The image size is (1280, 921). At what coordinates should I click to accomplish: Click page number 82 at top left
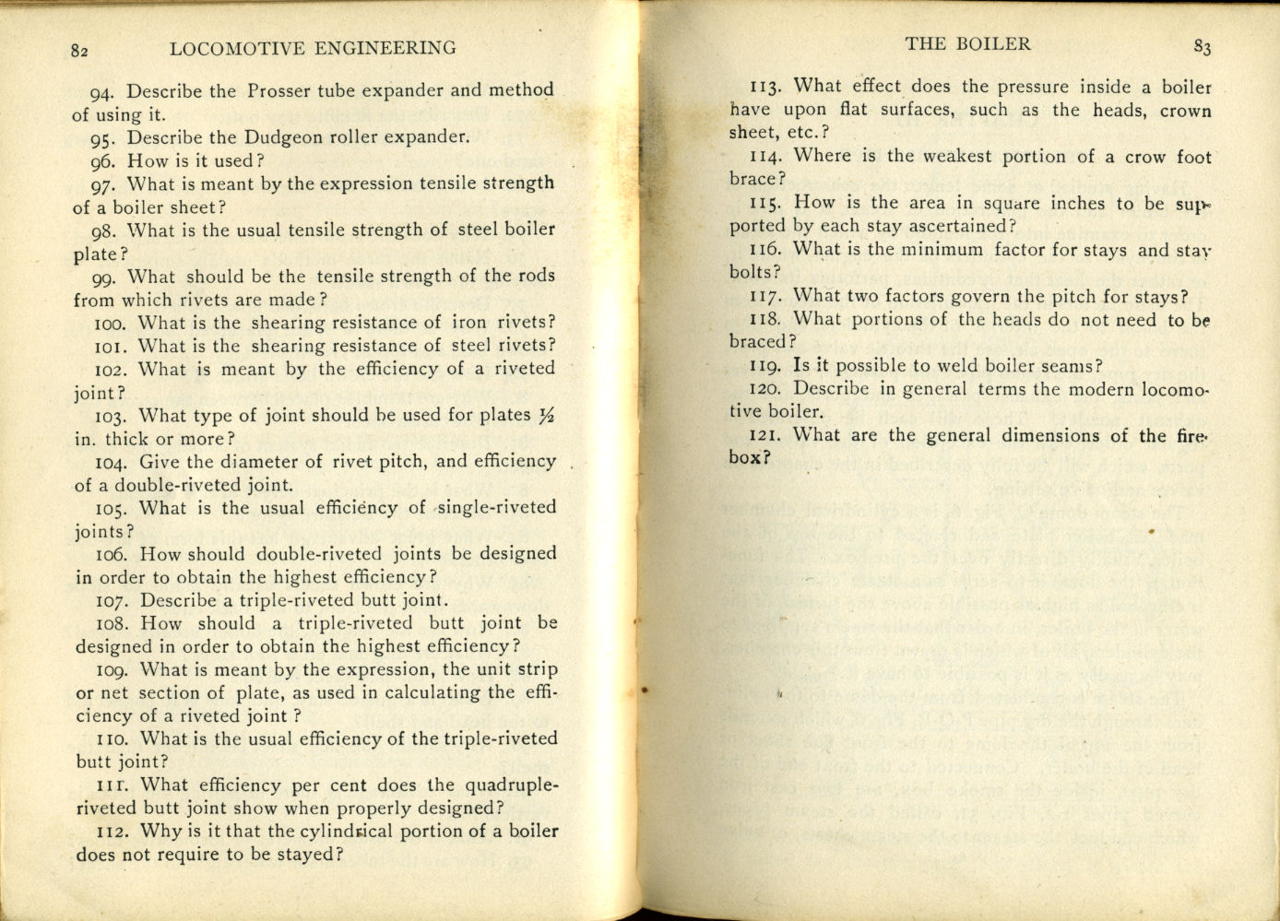(x=79, y=52)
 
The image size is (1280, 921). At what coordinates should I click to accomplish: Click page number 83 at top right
(x=1202, y=47)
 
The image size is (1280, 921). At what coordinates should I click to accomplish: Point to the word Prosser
(x=279, y=91)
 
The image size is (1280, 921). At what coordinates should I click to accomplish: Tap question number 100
(x=113, y=324)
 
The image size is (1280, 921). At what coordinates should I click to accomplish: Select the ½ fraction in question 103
(x=547, y=416)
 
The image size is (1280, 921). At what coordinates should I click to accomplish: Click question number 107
(x=113, y=601)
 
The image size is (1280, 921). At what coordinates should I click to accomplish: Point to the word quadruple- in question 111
(x=512, y=785)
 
